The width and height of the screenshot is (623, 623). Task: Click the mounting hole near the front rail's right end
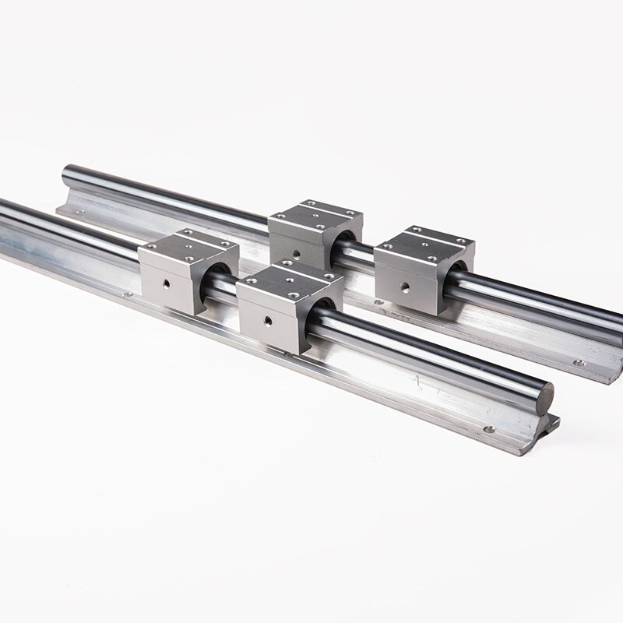click(489, 429)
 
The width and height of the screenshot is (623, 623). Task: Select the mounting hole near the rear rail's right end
click(579, 362)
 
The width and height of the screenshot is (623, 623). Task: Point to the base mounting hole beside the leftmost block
click(125, 295)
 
